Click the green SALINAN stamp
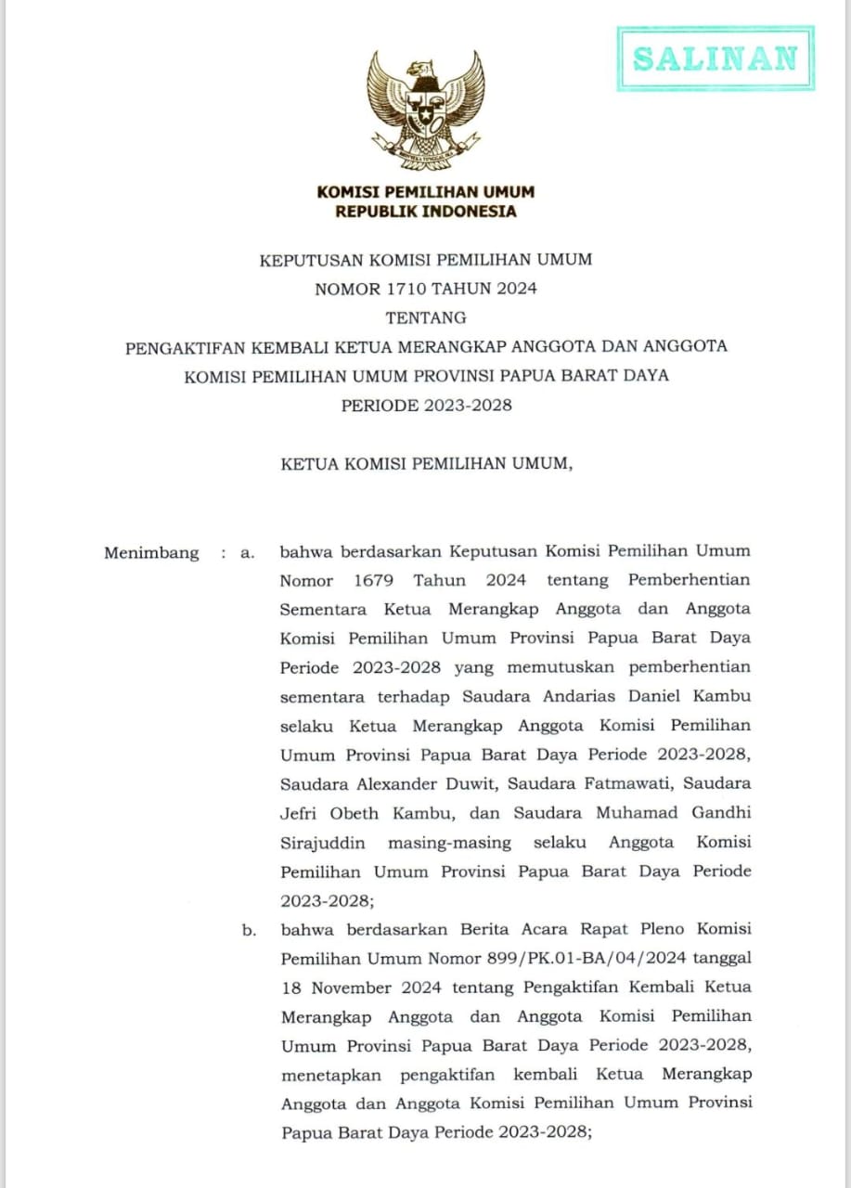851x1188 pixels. tap(715, 58)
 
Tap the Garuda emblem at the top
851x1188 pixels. tap(425, 110)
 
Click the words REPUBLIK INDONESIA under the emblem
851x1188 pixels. tap(426, 212)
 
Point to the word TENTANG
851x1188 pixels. tap(426, 317)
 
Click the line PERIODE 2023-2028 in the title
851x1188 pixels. tap(426, 405)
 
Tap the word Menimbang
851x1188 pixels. tap(151, 553)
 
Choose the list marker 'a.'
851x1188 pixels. tap(247, 553)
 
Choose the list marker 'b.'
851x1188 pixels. tap(249, 930)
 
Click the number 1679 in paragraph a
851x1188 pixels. tap(374, 580)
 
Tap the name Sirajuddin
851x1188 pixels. tap(322, 843)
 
